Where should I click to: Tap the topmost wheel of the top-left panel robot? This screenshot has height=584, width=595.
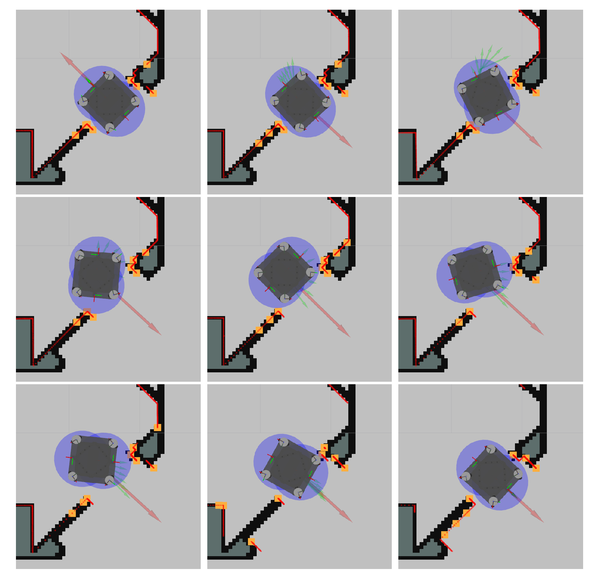click(109, 75)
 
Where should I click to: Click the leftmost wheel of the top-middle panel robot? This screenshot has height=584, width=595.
click(275, 101)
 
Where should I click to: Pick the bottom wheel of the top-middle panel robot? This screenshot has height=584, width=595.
click(300, 128)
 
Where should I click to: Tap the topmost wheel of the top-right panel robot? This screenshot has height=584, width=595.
click(495, 71)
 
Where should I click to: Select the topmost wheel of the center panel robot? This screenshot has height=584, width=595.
click(284, 246)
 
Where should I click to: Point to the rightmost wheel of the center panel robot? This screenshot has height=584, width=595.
click(310, 272)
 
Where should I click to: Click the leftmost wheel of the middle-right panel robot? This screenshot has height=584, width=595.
click(452, 260)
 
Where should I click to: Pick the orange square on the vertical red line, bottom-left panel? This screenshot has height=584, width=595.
click(158, 427)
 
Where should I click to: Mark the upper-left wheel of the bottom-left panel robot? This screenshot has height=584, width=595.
click(76, 440)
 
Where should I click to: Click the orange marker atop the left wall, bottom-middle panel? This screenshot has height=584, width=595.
click(221, 506)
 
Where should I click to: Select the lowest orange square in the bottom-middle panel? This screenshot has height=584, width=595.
click(251, 541)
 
